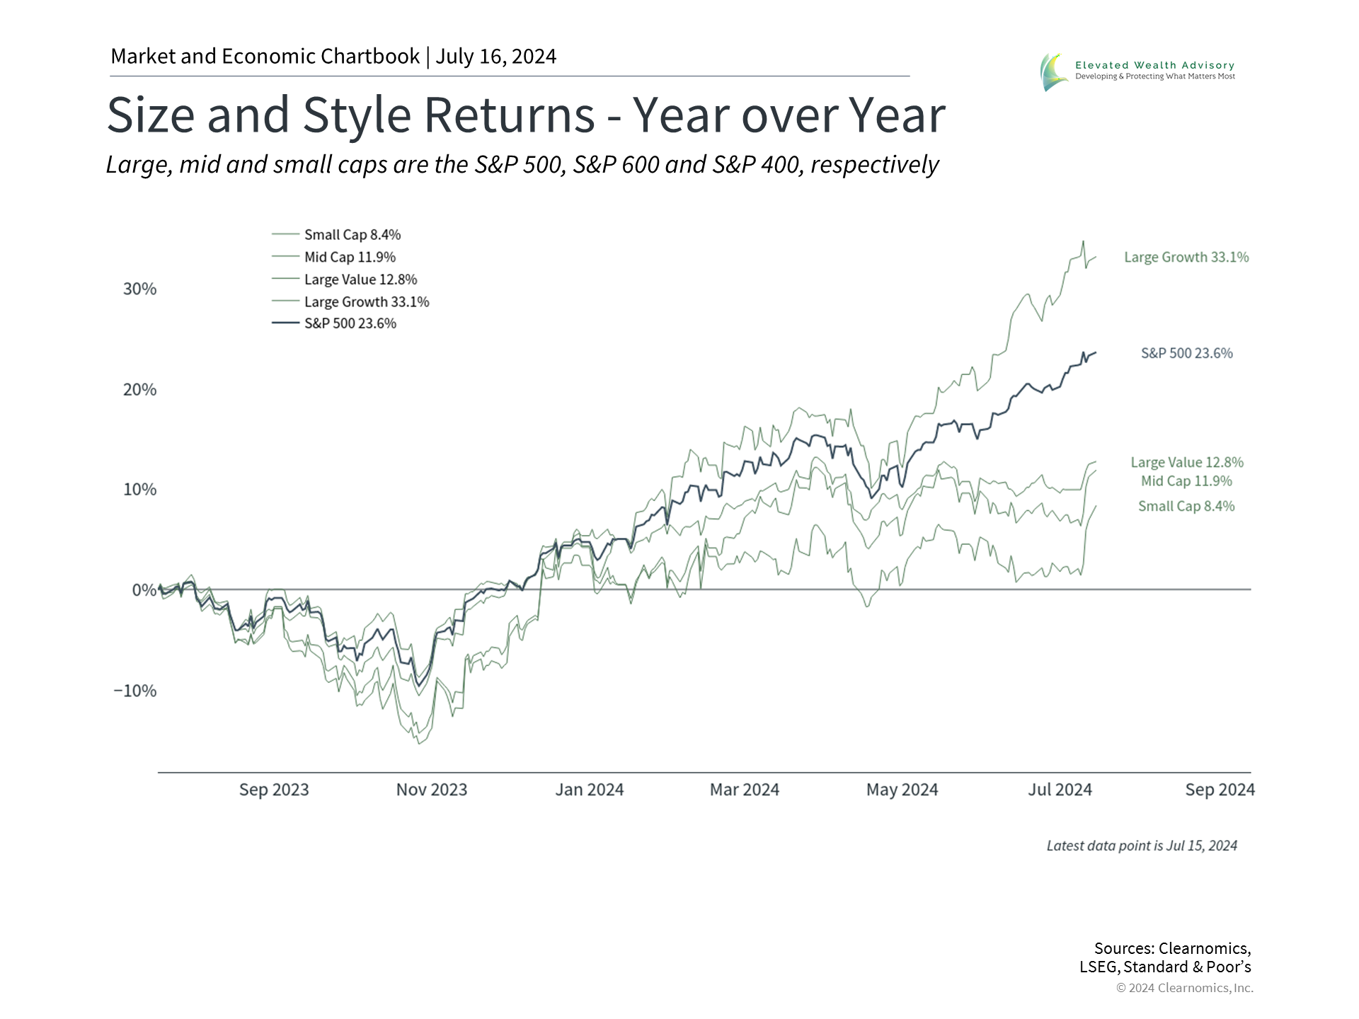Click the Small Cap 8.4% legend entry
pyautogui.click(x=336, y=234)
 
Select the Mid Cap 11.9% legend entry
pyautogui.click(x=333, y=257)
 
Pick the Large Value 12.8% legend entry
pyautogui.click(x=345, y=280)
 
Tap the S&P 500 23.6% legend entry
pyautogui.click(x=334, y=323)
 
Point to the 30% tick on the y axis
pyautogui.click(x=139, y=289)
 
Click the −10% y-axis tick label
pyautogui.click(x=134, y=691)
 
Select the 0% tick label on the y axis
pyautogui.click(x=144, y=590)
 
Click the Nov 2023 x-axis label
pyautogui.click(x=432, y=790)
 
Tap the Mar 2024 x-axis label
pyautogui.click(x=745, y=790)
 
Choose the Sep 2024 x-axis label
pyautogui.click(x=1220, y=790)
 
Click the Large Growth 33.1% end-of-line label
pyautogui.click(x=1187, y=257)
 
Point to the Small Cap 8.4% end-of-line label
pyautogui.click(x=1186, y=506)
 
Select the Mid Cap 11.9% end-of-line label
pyautogui.click(x=1186, y=481)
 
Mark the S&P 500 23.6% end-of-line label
pyautogui.click(x=1187, y=353)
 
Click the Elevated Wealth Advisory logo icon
pyautogui.click(x=1055, y=72)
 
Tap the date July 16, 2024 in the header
pyautogui.click(x=496, y=57)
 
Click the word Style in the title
pyautogui.click(x=357, y=115)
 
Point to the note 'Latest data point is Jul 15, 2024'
pyautogui.click(x=1142, y=846)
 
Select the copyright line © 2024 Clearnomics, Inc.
pyautogui.click(x=1185, y=988)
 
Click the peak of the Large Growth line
pyautogui.click(x=1083, y=241)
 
